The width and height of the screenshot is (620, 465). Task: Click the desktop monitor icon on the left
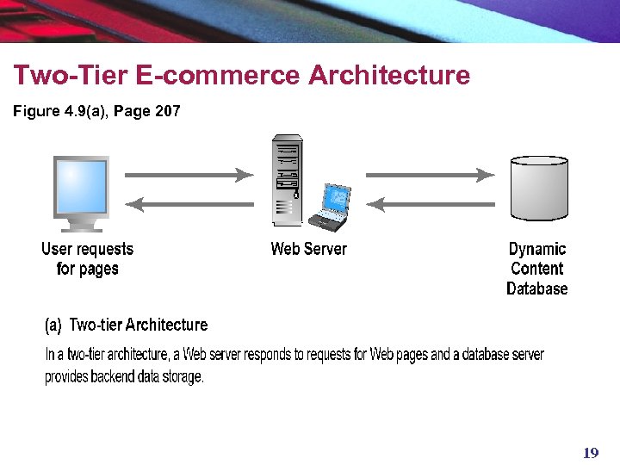(81, 191)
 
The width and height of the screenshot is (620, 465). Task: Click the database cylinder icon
(539, 188)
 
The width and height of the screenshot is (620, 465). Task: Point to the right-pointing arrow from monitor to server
(189, 175)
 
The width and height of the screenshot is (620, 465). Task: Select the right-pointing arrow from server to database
(431, 175)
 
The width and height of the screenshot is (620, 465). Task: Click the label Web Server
(308, 249)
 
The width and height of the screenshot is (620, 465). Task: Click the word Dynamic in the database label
(537, 249)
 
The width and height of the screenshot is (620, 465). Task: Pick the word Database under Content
(537, 289)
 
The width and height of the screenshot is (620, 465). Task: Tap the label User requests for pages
(87, 259)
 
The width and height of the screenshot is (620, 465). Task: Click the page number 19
(591, 453)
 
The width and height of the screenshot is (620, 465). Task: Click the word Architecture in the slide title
(389, 76)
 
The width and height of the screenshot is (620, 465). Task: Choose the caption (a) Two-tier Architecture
(127, 325)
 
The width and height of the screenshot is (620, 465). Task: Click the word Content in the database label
(537, 269)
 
